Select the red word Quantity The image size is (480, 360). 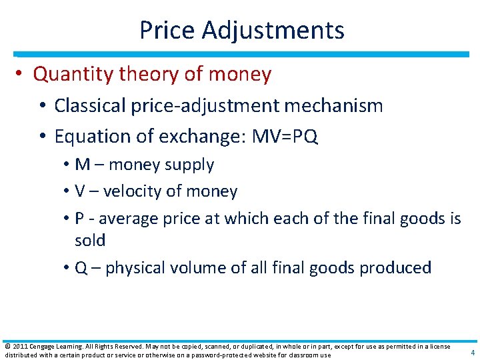click(x=73, y=74)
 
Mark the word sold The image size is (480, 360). click(x=91, y=240)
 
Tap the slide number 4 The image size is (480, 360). click(x=472, y=353)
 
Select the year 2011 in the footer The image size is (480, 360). click(x=20, y=346)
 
